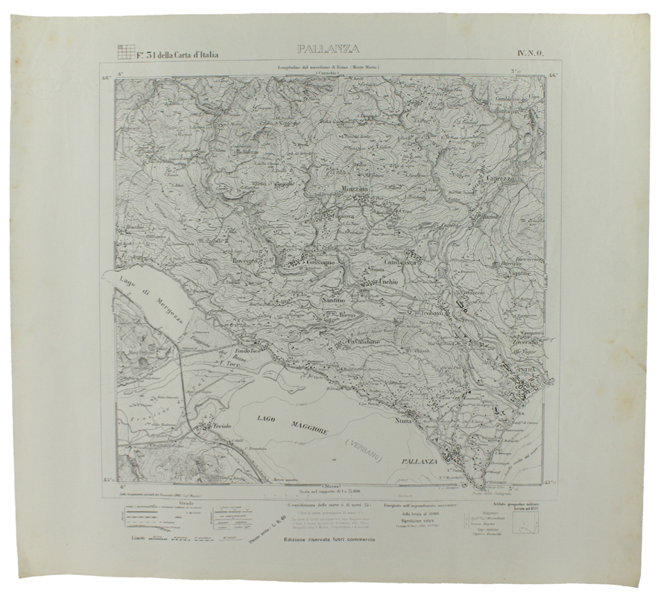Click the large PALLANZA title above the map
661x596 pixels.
pyautogui.click(x=328, y=50)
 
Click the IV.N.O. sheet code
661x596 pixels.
pyautogui.click(x=528, y=52)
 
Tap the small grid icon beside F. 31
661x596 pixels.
pyautogui.click(x=126, y=52)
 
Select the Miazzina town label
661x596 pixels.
pyautogui.click(x=355, y=189)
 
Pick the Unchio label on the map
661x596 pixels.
pyautogui.click(x=389, y=282)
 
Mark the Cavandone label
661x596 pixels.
pyautogui.click(x=363, y=341)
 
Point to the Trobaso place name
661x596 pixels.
pyautogui.click(x=432, y=313)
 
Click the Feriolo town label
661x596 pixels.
pyautogui.click(x=220, y=425)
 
